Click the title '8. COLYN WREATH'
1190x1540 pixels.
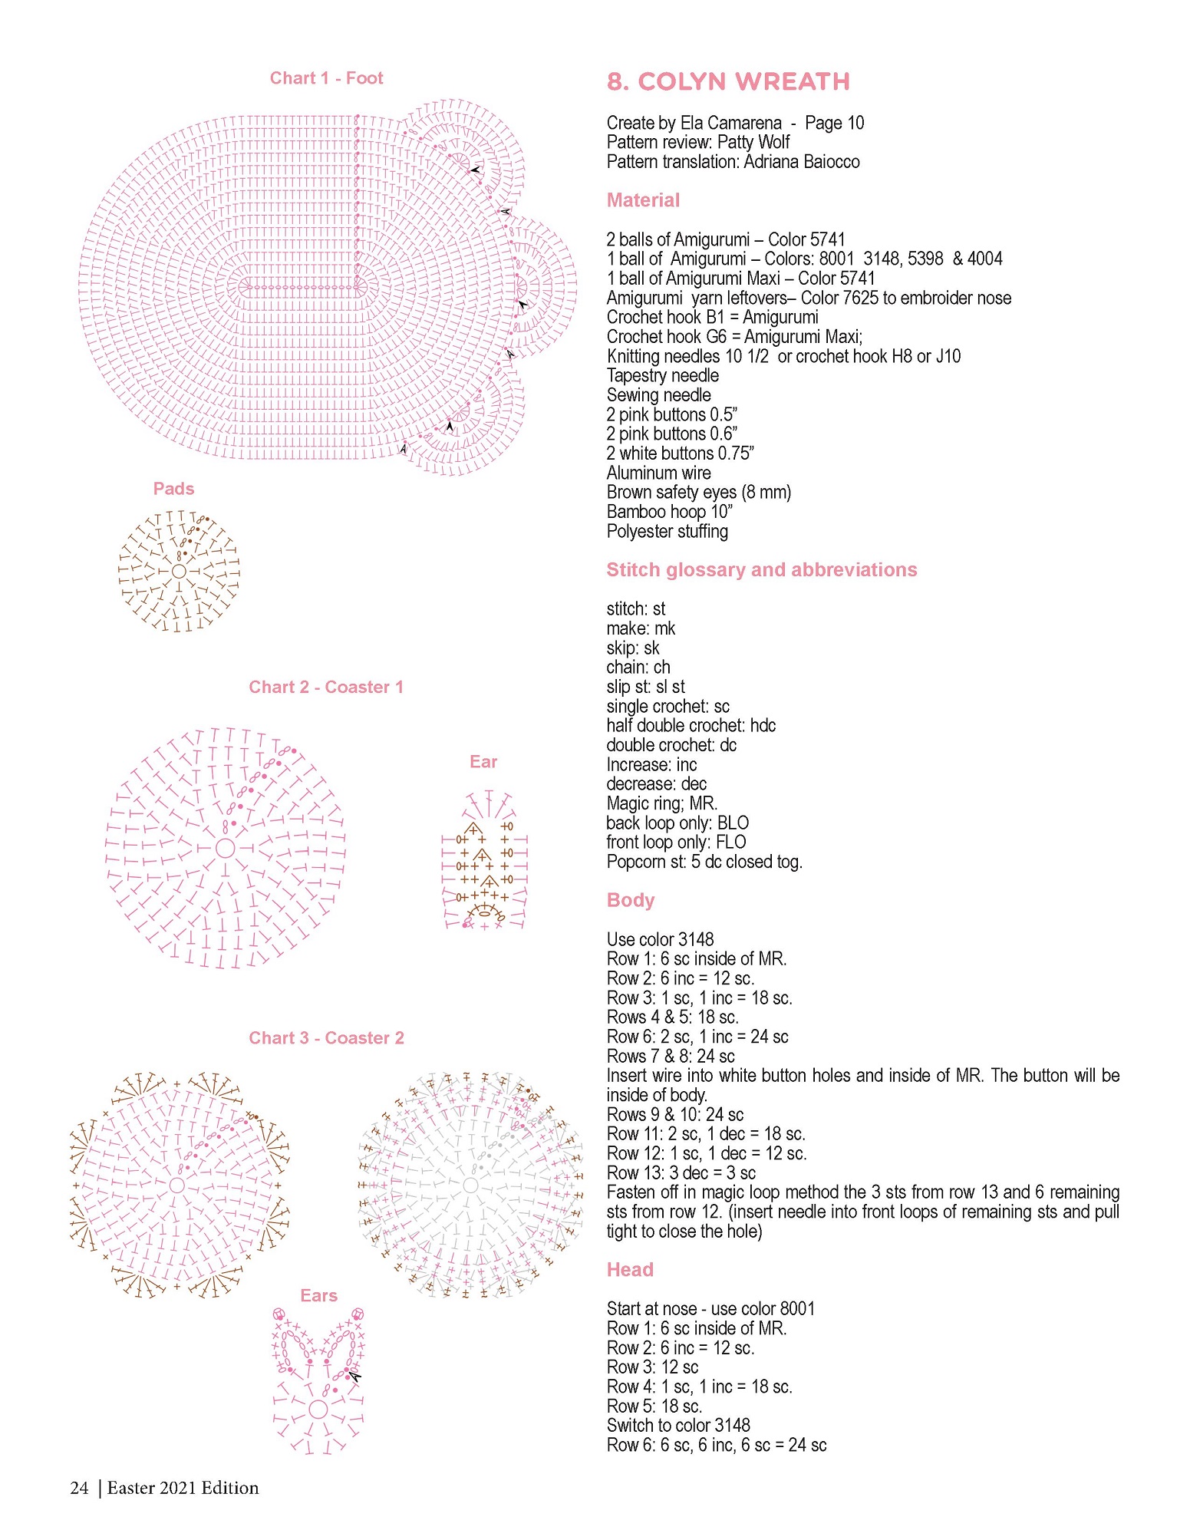728,81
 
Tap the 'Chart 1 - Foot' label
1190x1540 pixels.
326,77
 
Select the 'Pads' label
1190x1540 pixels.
173,489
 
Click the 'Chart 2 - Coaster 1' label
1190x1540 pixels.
326,687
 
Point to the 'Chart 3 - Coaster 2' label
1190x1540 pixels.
326,1037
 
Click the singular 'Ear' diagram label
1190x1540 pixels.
483,761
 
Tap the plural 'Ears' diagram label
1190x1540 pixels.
318,1295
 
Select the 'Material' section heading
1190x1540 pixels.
643,200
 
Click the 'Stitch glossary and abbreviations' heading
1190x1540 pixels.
762,569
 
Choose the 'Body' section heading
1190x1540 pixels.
631,900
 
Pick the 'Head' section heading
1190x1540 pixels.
630,1269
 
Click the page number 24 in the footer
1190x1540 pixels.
79,1488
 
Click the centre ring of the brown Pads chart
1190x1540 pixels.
179,572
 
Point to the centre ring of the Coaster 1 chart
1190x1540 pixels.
225,848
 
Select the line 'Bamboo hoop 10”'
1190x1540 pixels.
670,512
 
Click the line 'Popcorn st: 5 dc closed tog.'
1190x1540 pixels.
704,862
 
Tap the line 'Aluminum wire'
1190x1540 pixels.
658,473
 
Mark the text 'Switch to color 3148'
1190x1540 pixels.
678,1425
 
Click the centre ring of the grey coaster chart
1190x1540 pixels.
470,1186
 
